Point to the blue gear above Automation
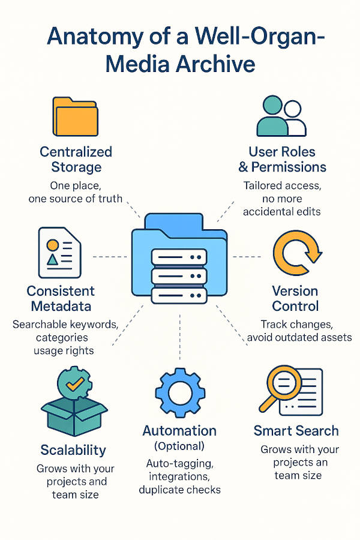click(179, 393)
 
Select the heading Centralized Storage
click(76, 158)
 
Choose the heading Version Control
click(295, 298)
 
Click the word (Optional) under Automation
click(179, 446)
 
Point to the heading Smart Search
click(296, 430)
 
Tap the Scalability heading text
click(73, 450)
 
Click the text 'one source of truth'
click(76, 199)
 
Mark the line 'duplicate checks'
click(179, 490)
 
